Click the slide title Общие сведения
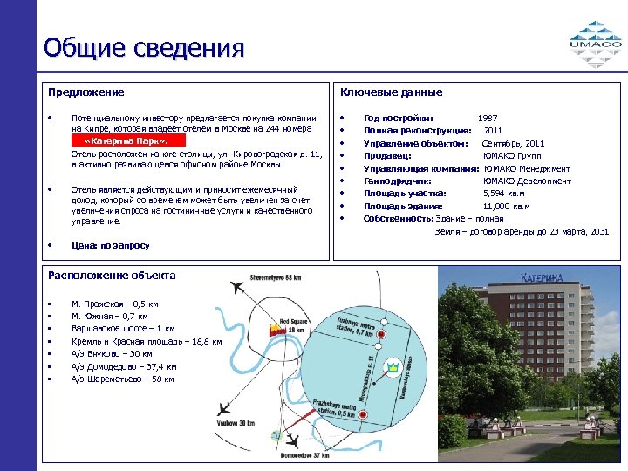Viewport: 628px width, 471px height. tap(144, 47)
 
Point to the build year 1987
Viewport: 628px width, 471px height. tap(488, 118)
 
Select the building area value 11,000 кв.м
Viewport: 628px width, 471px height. tap(506, 207)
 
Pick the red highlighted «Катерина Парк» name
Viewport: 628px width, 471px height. tap(123, 140)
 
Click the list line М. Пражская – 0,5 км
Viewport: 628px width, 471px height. tap(109, 304)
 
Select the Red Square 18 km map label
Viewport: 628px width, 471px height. tap(292, 324)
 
